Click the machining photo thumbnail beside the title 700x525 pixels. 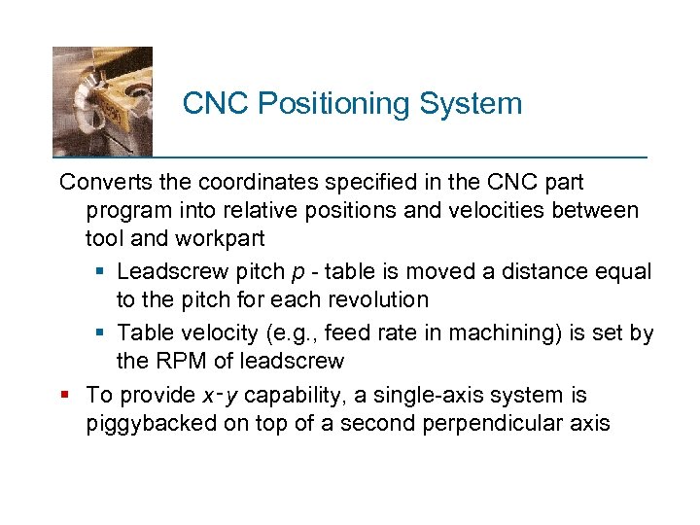(102, 100)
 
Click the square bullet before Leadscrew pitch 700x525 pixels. (102, 271)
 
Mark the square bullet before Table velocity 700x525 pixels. (102, 333)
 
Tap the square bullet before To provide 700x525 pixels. (65, 395)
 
